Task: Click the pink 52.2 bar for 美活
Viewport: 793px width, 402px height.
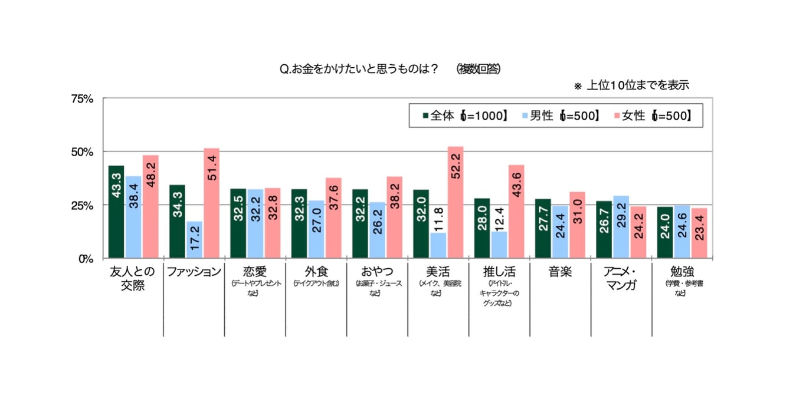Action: coord(455,202)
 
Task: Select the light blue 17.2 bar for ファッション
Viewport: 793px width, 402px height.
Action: coord(195,240)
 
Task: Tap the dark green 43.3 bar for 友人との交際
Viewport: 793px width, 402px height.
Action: coord(116,212)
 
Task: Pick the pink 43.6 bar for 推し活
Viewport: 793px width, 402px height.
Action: coord(516,212)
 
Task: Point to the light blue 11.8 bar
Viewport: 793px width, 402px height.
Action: coord(438,245)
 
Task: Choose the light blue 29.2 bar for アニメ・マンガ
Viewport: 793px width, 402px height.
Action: coord(621,227)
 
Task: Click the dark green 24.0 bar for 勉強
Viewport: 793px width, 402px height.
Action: coord(664,232)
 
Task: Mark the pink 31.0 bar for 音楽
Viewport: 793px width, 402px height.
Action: coord(576,225)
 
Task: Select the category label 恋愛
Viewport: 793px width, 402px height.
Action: coord(254,272)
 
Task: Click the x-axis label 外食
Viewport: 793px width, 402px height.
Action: coord(316,272)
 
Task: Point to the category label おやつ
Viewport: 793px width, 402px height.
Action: coord(376,272)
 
